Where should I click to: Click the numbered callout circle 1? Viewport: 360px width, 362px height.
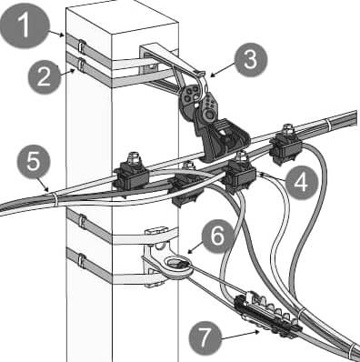[25, 25]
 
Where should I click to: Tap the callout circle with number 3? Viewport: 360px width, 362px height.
[251, 60]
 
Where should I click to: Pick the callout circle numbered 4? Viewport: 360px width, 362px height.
[301, 183]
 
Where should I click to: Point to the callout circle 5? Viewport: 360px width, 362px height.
[34, 162]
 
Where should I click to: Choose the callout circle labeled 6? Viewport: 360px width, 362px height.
[218, 236]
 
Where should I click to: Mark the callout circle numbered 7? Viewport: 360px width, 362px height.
[205, 338]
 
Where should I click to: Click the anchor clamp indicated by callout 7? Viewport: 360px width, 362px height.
[268, 316]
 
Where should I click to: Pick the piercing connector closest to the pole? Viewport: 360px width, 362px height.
[132, 175]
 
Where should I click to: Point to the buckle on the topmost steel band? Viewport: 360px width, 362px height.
[81, 45]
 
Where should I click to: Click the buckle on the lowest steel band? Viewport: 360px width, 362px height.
[81, 261]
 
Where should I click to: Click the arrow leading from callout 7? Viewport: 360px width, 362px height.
[240, 335]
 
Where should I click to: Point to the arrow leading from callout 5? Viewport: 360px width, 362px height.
[42, 184]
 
